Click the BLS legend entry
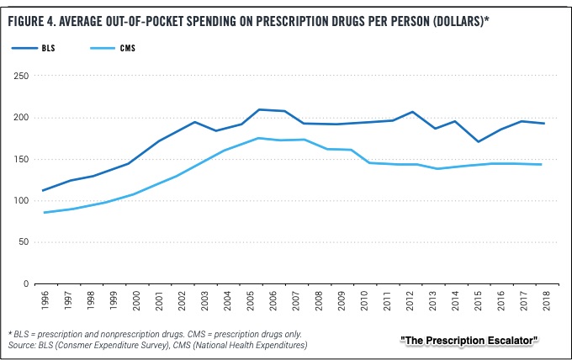[x=33, y=48]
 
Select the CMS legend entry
[x=113, y=48]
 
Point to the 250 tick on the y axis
[x=21, y=76]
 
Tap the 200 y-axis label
[x=21, y=118]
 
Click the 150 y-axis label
[x=21, y=159]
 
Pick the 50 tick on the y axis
[x=24, y=242]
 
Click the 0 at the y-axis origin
[x=26, y=283]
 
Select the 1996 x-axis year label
[x=45, y=300]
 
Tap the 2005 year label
[x=251, y=300]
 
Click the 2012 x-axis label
[x=410, y=300]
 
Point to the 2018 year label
[x=547, y=300]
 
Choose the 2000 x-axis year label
[x=136, y=300]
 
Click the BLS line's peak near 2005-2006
[x=259, y=109]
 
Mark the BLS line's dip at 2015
[x=478, y=141]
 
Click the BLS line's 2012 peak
[x=412, y=112]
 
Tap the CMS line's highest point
[x=258, y=138]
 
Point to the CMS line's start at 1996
[x=44, y=212]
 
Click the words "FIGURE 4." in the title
[x=31, y=22]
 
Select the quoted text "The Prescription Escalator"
[x=469, y=341]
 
